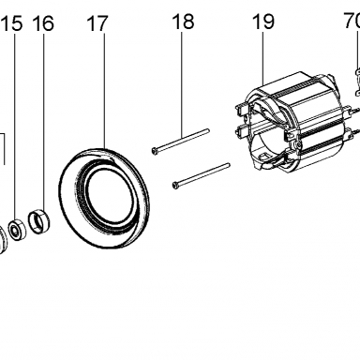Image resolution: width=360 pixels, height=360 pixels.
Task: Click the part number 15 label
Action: click(x=13, y=23)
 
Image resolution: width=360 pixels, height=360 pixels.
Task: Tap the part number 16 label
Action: click(x=43, y=23)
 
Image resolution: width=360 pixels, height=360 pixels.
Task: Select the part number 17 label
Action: click(x=97, y=23)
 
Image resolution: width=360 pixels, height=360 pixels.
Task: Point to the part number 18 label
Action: click(x=183, y=22)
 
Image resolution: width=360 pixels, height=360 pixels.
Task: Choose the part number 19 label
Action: click(x=263, y=22)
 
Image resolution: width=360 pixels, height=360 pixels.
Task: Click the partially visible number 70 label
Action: click(x=352, y=21)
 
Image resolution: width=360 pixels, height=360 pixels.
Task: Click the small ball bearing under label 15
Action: click(x=17, y=230)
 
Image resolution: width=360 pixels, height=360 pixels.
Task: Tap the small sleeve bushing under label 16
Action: click(x=39, y=221)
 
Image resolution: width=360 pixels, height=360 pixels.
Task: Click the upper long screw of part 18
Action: click(x=180, y=141)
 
